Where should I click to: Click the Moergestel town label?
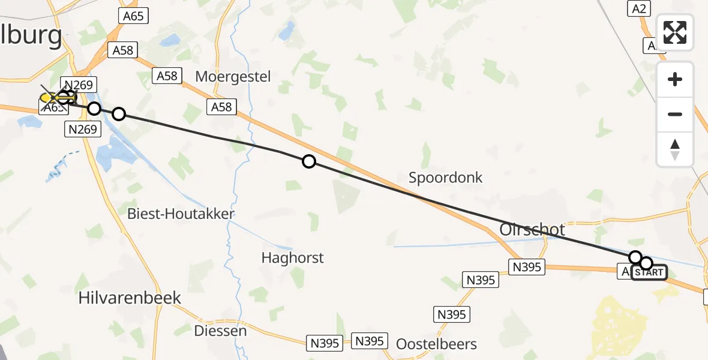[233, 76]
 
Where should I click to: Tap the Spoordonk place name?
[445, 177]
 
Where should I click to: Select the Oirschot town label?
[532, 230]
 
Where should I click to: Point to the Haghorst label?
[292, 258]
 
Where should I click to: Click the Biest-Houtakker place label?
[181, 214]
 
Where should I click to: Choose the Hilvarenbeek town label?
[130, 298]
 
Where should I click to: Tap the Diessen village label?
[220, 331]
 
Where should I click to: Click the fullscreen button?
[675, 32]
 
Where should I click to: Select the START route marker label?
[649, 272]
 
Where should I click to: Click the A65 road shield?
[133, 16]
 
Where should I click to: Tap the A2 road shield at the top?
[638, 8]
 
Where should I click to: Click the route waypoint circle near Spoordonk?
[308, 161]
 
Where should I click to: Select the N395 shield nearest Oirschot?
[527, 267]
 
